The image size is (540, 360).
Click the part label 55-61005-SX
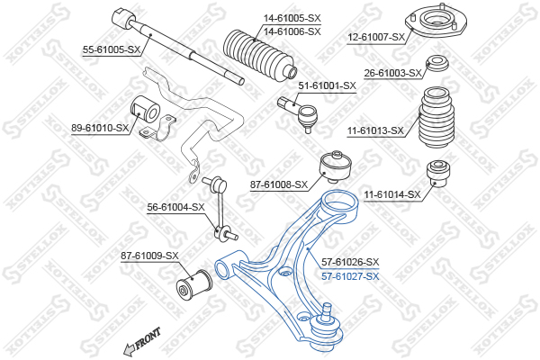pos(112,50)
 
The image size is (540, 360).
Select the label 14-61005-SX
pos(292,18)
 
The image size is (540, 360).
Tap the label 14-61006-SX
pos(292,31)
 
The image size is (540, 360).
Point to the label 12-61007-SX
pos(376,37)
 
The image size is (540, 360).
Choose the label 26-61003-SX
pos(393,74)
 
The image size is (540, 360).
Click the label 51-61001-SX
pos(327,85)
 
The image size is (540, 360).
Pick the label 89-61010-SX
pos(100,128)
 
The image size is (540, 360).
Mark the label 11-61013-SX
pos(375,130)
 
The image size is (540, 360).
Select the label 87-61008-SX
pos(279,185)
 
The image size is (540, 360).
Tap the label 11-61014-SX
pos(392,195)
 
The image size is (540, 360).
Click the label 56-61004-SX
pos(175,207)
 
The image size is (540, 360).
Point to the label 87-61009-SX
pos(149,256)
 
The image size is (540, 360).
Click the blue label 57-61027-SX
pos(350,276)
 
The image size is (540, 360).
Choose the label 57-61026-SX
pos(350,263)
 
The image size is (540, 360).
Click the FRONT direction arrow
pos(141,342)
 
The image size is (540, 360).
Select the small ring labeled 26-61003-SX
pos(437,63)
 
